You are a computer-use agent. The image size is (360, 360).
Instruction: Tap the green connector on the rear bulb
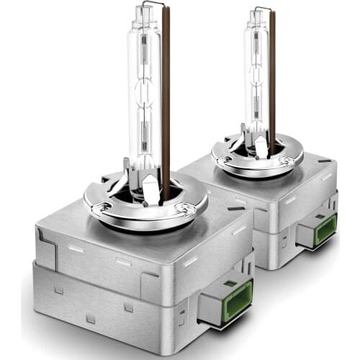tap(325, 229)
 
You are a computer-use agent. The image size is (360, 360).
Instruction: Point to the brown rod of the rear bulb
tap(271, 79)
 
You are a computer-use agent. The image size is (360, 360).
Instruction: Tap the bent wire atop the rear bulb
tap(261, 11)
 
